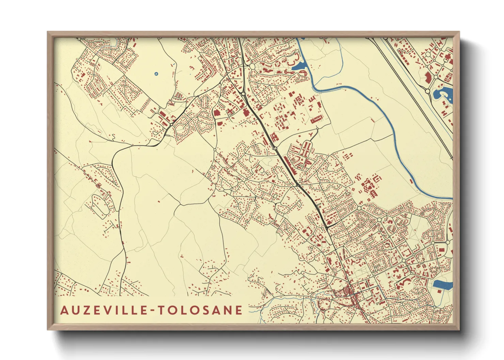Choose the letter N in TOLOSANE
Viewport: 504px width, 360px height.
tap(228, 310)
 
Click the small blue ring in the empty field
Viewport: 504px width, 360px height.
tap(156, 73)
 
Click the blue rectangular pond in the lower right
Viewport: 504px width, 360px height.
tap(443, 285)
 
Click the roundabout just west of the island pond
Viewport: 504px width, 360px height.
tap(428, 91)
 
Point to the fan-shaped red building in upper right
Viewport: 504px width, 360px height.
tap(428, 77)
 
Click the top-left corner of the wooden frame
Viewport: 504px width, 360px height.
tap(48, 32)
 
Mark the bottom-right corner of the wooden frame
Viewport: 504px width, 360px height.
tap(459, 330)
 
